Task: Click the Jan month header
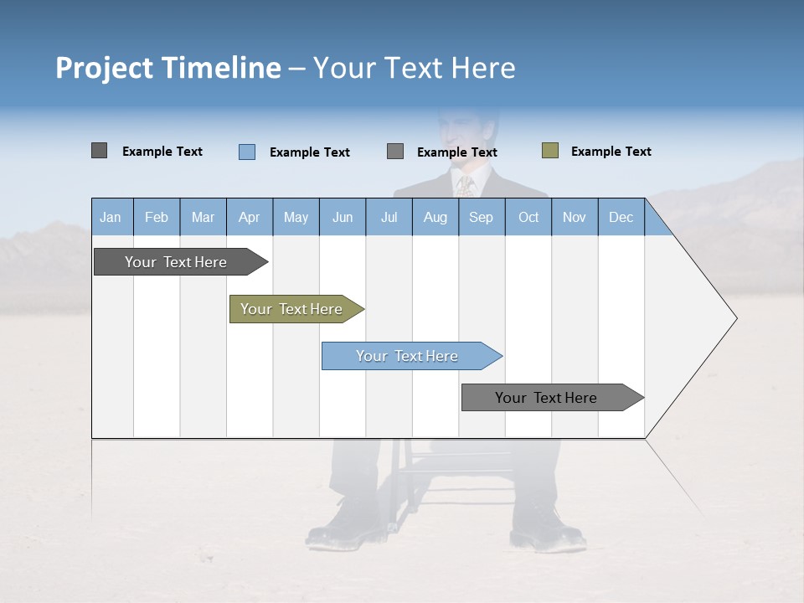pyautogui.click(x=111, y=218)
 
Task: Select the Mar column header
pyautogui.click(x=203, y=218)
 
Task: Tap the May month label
pyautogui.click(x=296, y=218)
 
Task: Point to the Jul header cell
pyautogui.click(x=389, y=218)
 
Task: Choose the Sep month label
pyautogui.click(x=481, y=218)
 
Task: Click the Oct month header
pyautogui.click(x=528, y=218)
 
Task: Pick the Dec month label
pyautogui.click(x=621, y=218)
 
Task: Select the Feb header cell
pyautogui.click(x=157, y=218)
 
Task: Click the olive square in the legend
pyautogui.click(x=550, y=151)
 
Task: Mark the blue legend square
pyautogui.click(x=247, y=152)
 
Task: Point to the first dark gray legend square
pyautogui.click(x=100, y=151)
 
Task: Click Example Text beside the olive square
pyautogui.click(x=611, y=152)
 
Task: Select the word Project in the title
pyautogui.click(x=104, y=68)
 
